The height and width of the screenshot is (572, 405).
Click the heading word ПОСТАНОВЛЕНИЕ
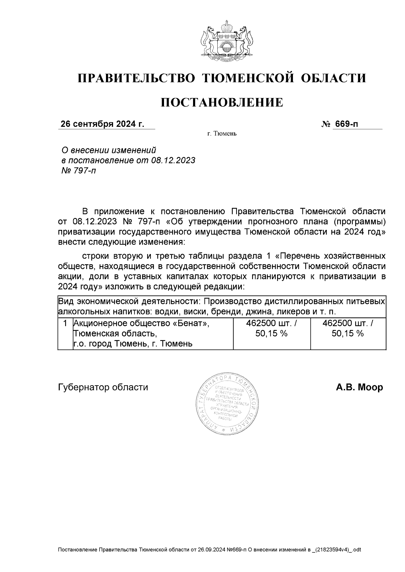tap(221, 102)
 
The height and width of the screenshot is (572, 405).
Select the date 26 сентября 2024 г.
tap(102, 124)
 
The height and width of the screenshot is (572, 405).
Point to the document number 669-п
tap(346, 124)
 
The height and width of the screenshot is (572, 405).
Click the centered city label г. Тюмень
tap(222, 134)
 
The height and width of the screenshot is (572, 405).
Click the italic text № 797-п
tap(78, 170)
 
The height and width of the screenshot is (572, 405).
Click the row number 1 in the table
tap(65, 323)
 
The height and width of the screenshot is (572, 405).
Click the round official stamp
tap(226, 403)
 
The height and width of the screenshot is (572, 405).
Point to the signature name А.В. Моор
tap(359, 387)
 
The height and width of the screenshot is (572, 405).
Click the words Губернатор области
tap(103, 387)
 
